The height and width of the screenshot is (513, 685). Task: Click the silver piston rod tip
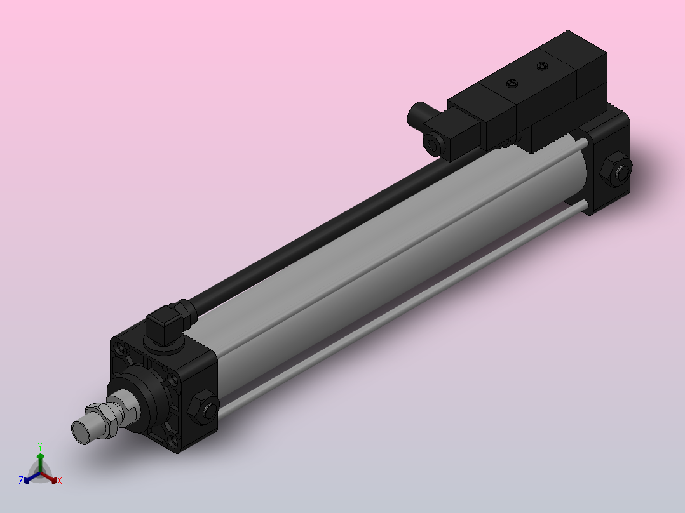[x=82, y=431]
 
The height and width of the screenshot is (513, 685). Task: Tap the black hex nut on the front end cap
[x=204, y=408]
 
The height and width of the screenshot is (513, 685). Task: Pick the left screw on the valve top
[x=512, y=83]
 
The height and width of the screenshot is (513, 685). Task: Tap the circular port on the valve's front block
[x=433, y=143]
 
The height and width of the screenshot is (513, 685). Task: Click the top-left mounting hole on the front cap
[x=118, y=347]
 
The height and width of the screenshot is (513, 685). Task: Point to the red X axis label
[x=60, y=481]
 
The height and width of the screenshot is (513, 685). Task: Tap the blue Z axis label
[x=21, y=481]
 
